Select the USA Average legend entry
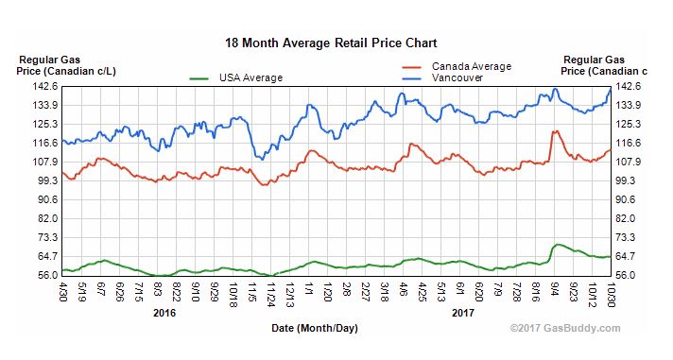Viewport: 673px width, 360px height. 250,77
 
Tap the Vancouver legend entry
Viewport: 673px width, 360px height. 457,78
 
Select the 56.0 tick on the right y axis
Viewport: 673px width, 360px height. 630,275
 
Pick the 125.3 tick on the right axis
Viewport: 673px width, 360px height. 630,124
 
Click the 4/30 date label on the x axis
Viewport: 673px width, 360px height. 63,290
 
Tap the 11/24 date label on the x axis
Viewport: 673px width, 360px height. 271,292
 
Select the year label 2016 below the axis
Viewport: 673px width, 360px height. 164,312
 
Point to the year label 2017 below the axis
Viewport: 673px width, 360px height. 462,312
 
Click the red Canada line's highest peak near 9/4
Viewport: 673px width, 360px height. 556,131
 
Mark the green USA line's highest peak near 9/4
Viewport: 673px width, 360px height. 558,244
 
